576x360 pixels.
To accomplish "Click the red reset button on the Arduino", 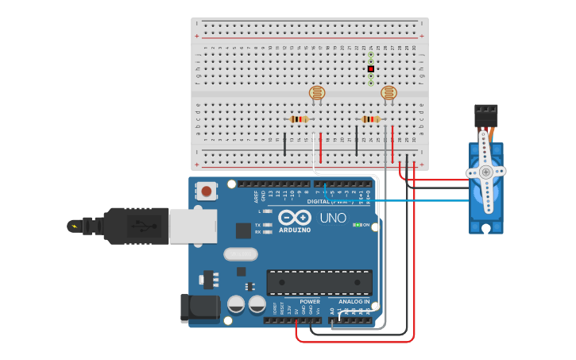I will [207, 191].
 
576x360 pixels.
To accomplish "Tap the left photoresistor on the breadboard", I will [317, 93].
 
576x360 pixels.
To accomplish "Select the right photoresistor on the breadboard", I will [389, 93].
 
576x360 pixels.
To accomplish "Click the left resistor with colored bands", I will [299, 119].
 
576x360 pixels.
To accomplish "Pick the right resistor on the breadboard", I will [370, 119].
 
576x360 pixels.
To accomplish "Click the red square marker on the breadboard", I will [370, 69].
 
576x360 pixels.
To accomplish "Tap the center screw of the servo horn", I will [485, 172].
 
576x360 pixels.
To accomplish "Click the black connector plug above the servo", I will [485, 116].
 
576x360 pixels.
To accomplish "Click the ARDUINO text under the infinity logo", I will [295, 230].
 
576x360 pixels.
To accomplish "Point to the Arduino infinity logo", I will [295, 218].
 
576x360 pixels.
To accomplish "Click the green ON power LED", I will [357, 225].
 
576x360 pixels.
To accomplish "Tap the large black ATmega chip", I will [319, 282].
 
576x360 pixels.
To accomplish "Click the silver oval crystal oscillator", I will [241, 254].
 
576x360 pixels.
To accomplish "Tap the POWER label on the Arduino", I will [311, 302].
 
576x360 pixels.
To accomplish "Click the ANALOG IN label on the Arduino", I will [354, 302].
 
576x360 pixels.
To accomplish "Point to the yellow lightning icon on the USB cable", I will [75, 226].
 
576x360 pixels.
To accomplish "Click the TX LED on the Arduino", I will [268, 225].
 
